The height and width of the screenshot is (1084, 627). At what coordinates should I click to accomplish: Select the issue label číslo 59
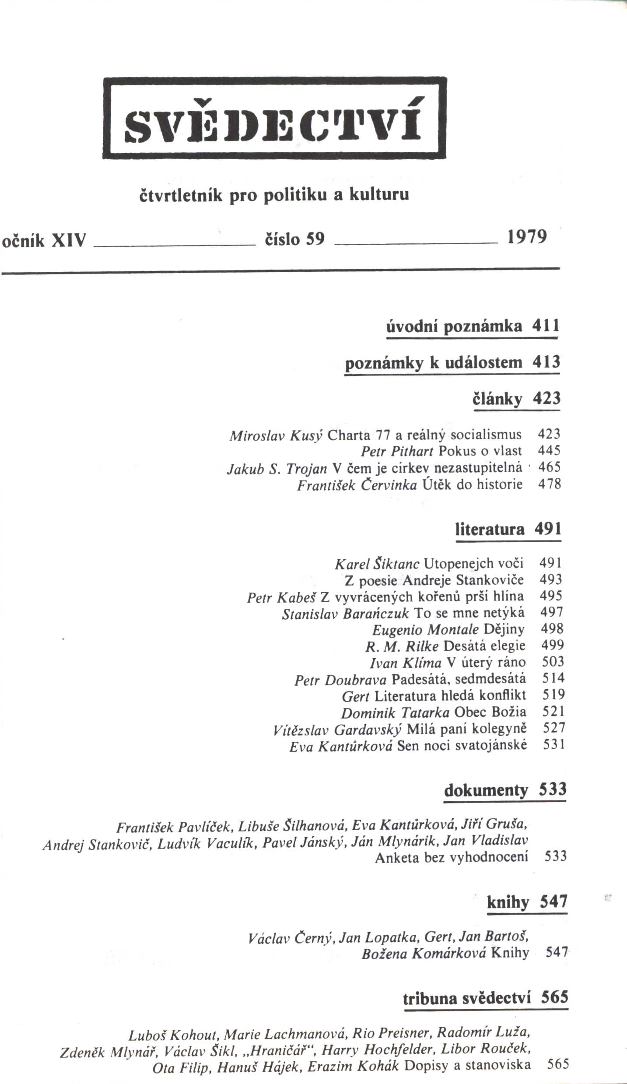coord(295,239)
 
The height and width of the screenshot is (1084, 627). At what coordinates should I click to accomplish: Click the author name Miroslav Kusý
coord(276,435)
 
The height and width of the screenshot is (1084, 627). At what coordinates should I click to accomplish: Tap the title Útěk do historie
coord(473,484)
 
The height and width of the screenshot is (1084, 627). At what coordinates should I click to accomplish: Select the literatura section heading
coord(490,530)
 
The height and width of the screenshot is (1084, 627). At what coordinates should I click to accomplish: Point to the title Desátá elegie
coord(485,646)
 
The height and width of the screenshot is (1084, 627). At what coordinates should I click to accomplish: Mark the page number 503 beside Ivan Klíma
coord(553,661)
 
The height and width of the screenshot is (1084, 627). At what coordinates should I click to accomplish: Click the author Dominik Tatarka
coord(395,713)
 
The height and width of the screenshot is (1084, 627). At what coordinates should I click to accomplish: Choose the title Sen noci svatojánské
coord(462,745)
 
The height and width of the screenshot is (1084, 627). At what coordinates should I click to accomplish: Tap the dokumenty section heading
coord(486,791)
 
